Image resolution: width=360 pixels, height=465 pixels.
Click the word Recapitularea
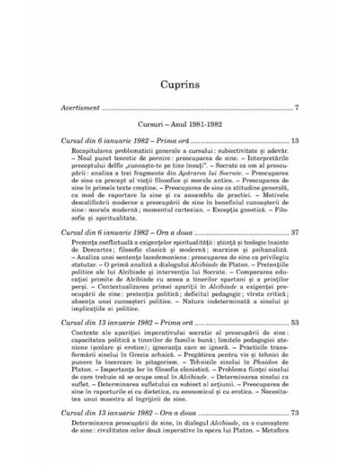tap(95, 151)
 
